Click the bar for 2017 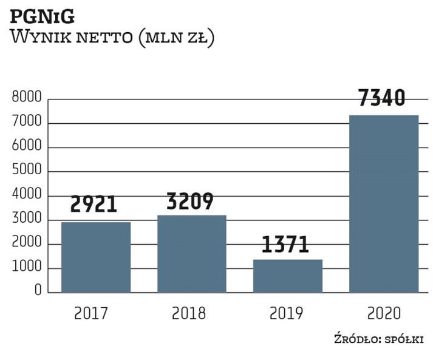click(x=96, y=257)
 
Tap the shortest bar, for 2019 click(x=288, y=276)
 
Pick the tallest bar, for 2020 click(x=384, y=204)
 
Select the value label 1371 click(x=285, y=244)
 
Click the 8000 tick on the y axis click(x=26, y=98)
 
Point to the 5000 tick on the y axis click(x=26, y=171)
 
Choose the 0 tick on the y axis click(x=38, y=291)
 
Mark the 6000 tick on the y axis click(x=26, y=147)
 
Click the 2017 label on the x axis click(x=92, y=313)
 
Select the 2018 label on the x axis click(x=189, y=313)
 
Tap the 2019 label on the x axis click(x=285, y=313)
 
